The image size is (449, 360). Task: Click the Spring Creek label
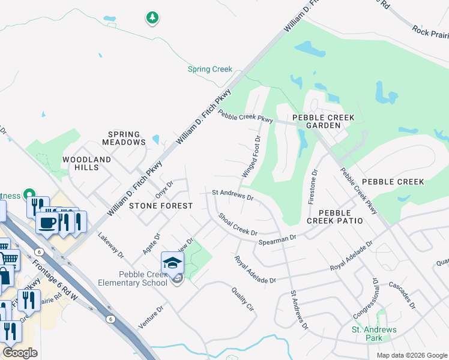click(x=210, y=70)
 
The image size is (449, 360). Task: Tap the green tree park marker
click(x=152, y=18)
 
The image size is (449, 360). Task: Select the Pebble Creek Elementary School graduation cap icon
click(x=172, y=262)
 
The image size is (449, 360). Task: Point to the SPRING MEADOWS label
click(x=124, y=139)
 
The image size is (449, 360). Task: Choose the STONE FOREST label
click(x=161, y=206)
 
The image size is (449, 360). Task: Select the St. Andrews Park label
click(x=374, y=334)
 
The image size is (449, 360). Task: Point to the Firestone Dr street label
click(x=312, y=187)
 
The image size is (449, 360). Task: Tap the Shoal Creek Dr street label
click(x=238, y=224)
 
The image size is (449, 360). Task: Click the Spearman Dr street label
click(x=277, y=239)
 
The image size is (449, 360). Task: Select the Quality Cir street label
click(x=243, y=299)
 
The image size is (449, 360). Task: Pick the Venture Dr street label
click(x=151, y=317)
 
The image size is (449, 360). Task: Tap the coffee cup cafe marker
click(x=47, y=222)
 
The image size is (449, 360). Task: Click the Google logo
click(x=20, y=353)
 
